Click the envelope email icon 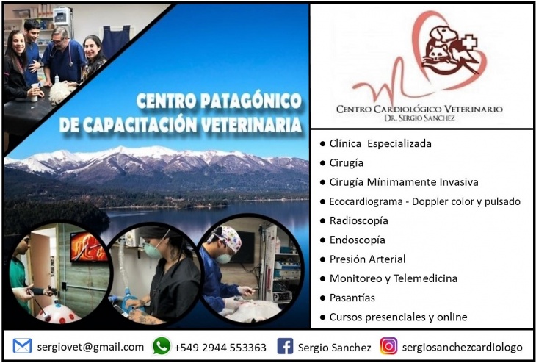(22, 346)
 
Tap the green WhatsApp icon (162, 346)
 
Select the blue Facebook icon (285, 346)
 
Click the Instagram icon (388, 346)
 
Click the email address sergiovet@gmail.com (90, 347)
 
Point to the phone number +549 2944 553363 (220, 348)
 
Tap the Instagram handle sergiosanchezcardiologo (462, 348)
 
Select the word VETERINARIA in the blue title (251, 125)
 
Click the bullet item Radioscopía (358, 221)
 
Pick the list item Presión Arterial (367, 259)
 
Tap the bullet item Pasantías (352, 298)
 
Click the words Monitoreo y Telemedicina (394, 278)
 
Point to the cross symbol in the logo (468, 42)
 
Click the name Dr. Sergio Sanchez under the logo (419, 118)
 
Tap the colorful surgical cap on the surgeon (227, 237)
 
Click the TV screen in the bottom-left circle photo (89, 248)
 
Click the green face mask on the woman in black (152, 251)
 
